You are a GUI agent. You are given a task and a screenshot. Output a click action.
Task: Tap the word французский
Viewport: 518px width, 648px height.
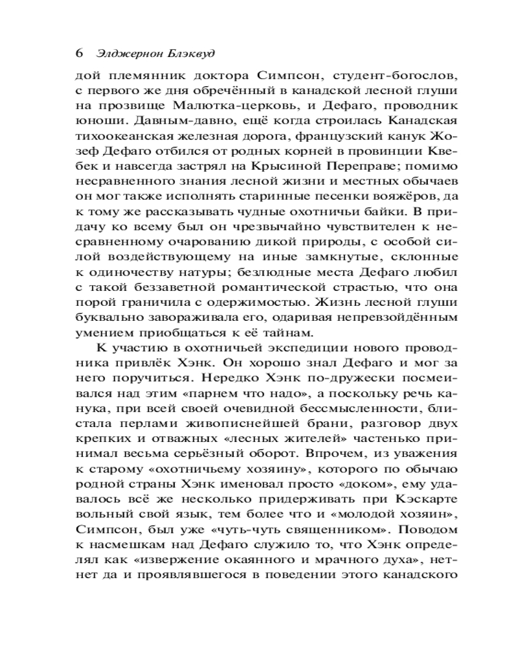[328, 137]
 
